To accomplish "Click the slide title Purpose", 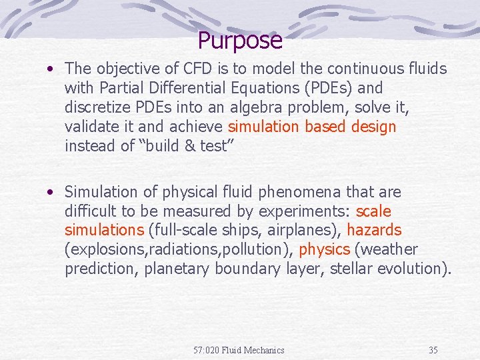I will tap(240, 41).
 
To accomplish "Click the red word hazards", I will tap(374, 231).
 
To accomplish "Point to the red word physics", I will tap(325, 250).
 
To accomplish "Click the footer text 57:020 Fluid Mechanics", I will tap(239, 350).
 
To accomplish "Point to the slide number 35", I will tap(433, 350).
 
